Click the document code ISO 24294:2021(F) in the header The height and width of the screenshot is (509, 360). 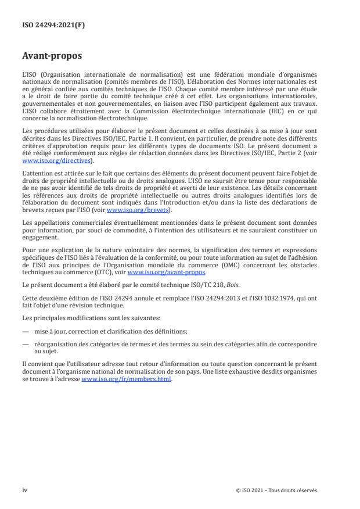47,25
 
